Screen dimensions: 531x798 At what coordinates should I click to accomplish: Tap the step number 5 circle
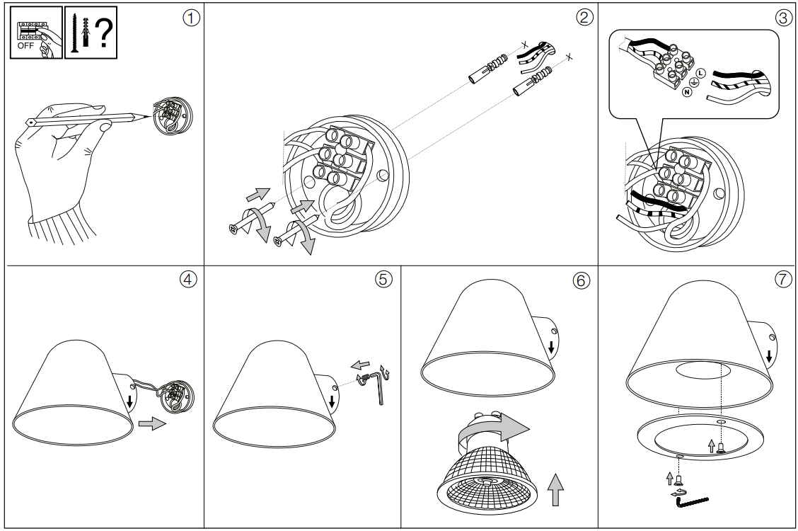point(383,279)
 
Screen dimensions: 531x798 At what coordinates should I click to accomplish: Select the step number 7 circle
point(782,279)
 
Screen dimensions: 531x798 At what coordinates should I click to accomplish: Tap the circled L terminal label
point(700,73)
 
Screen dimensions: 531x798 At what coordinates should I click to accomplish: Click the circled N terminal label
point(686,93)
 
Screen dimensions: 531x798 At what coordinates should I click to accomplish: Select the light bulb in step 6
point(486,471)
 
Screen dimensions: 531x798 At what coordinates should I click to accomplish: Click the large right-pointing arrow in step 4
point(151,424)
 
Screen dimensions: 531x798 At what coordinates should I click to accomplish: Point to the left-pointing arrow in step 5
point(360,365)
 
